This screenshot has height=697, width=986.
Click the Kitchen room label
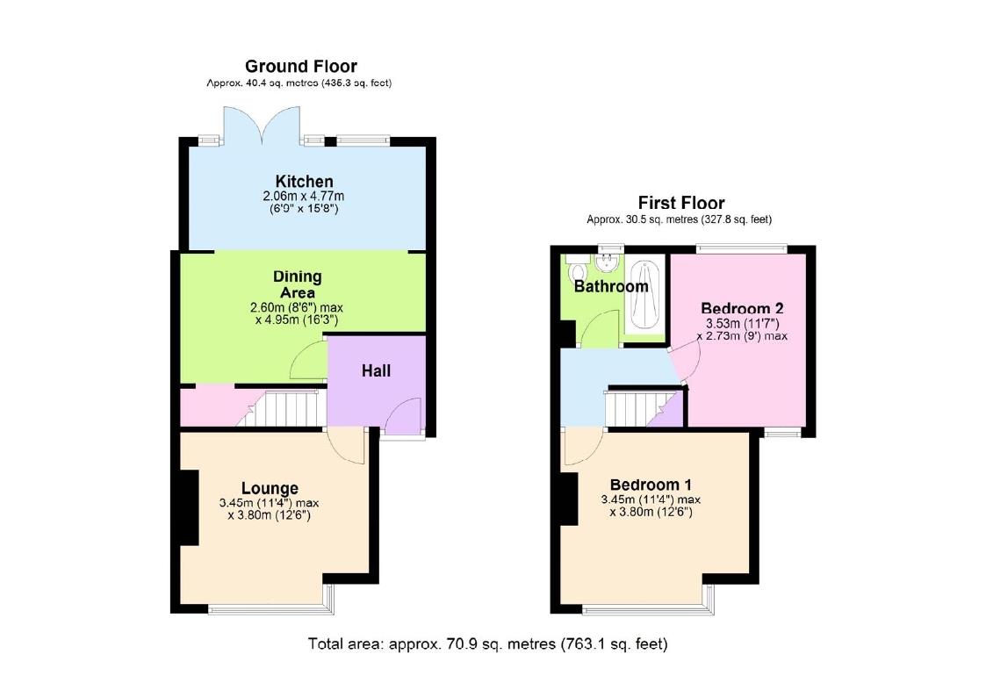coord(304,182)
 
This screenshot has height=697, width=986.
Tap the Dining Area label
coord(297,284)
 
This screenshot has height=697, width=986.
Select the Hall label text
coord(376,370)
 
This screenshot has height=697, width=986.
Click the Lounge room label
coord(270,488)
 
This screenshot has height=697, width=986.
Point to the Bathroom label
coord(611,286)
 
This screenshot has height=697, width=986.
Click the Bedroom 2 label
coord(741,309)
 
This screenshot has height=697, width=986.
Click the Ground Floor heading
coord(300,67)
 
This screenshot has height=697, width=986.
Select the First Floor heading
coord(680,204)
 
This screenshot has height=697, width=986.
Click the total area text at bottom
coord(487,643)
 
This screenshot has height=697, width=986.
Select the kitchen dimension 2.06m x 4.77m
coord(304,196)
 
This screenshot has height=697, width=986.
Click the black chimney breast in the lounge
coord(187,509)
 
